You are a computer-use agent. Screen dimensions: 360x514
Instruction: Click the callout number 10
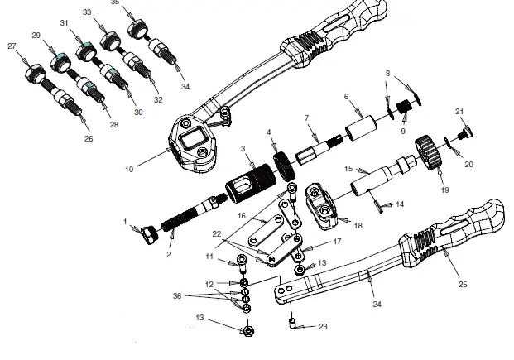pos(129,169)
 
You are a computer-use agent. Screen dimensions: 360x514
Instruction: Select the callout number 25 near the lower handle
pos(462,284)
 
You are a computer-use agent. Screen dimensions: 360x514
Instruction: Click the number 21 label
pos(460,110)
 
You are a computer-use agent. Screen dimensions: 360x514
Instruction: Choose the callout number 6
pos(346,96)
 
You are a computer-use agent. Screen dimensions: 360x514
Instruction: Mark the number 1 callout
pos(125,222)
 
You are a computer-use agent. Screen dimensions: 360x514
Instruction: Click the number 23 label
pos(323,327)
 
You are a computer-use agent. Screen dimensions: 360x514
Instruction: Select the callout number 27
pos(12,46)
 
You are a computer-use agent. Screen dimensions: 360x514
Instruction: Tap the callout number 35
pos(115,2)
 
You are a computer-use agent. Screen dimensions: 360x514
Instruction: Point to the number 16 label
pos(242,215)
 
